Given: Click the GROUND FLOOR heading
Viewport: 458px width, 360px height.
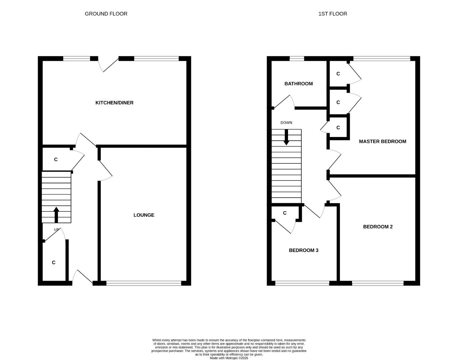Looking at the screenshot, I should tap(106, 14).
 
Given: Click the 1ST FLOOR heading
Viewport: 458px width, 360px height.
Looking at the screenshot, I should tap(332, 14).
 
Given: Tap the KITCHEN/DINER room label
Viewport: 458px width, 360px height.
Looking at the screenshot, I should tap(114, 103).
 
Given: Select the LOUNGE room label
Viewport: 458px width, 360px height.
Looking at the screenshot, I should tap(144, 215).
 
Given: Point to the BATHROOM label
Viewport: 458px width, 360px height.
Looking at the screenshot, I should tap(298, 84).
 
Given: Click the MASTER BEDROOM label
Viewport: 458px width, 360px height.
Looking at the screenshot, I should tap(382, 141).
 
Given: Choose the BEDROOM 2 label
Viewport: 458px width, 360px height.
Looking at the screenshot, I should tap(378, 227).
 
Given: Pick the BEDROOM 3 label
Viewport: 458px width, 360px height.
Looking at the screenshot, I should tap(303, 250).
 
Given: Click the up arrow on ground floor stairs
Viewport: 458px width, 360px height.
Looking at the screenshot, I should tap(56, 215).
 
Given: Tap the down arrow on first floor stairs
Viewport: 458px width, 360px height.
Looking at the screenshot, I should tap(286, 137).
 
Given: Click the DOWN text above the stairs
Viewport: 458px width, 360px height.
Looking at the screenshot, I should tap(286, 123).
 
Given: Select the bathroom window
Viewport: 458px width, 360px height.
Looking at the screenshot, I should tap(297, 59).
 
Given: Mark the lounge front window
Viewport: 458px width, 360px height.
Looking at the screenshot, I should tap(144, 283).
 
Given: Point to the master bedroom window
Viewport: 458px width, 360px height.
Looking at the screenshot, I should tap(381, 59).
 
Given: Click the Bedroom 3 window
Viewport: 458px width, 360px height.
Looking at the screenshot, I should tap(302, 283).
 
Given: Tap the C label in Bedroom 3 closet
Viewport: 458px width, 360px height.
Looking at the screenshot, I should tap(285, 213).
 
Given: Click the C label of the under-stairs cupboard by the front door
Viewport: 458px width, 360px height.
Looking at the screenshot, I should tap(54, 263).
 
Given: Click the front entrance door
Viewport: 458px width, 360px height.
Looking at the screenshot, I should tap(82, 277).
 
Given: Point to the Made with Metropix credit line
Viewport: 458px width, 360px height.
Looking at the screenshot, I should tap(229, 358).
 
